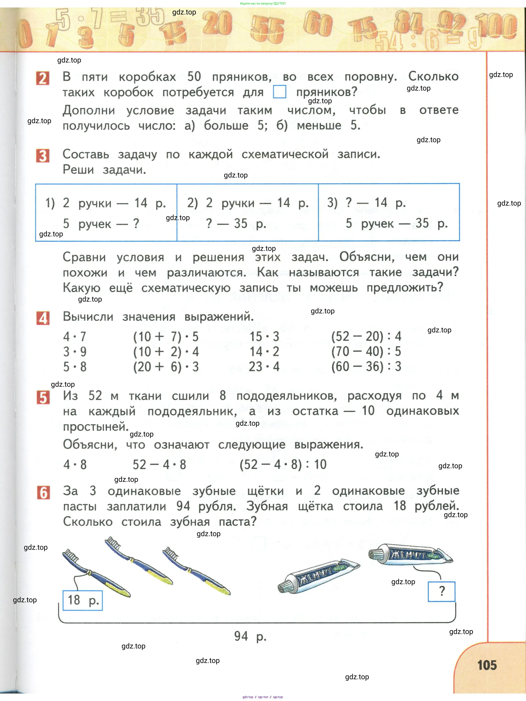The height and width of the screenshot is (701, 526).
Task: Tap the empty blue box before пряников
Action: pyautogui.click(x=280, y=92)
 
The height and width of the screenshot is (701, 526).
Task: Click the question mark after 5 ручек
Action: pyautogui.click(x=136, y=223)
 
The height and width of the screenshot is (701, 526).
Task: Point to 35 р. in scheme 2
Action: pyautogui.click(x=250, y=223)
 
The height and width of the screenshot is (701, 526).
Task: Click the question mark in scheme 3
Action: pyautogui.click(x=349, y=202)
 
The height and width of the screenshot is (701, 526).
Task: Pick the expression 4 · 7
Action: pyautogui.click(x=74, y=336)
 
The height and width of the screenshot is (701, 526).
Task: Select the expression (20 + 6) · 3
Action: pyautogui.click(x=166, y=367)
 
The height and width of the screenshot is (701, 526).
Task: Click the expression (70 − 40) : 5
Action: pyautogui.click(x=366, y=351)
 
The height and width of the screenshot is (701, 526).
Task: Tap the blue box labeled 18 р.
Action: pyautogui.click(x=83, y=600)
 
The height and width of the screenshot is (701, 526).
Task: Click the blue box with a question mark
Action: pyautogui.click(x=441, y=591)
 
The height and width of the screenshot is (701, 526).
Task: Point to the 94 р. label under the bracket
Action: pyautogui.click(x=250, y=636)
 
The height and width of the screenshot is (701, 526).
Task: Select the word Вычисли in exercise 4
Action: pyautogui.click(x=88, y=317)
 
